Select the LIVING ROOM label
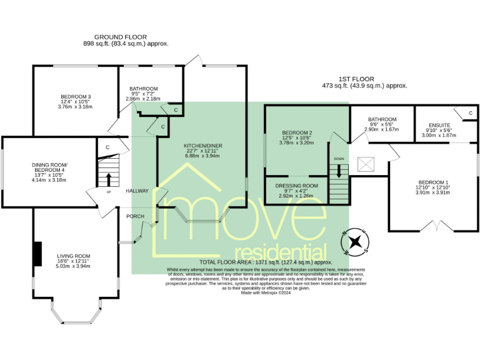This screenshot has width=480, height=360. [74, 256]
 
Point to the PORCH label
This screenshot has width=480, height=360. [135, 216]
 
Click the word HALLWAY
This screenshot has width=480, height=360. [137, 191]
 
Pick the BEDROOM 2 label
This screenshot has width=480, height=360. [297, 132]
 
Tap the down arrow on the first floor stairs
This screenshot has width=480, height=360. [339, 172]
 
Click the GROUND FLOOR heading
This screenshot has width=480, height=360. [126, 37]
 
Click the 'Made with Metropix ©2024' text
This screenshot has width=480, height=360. [266, 292]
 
